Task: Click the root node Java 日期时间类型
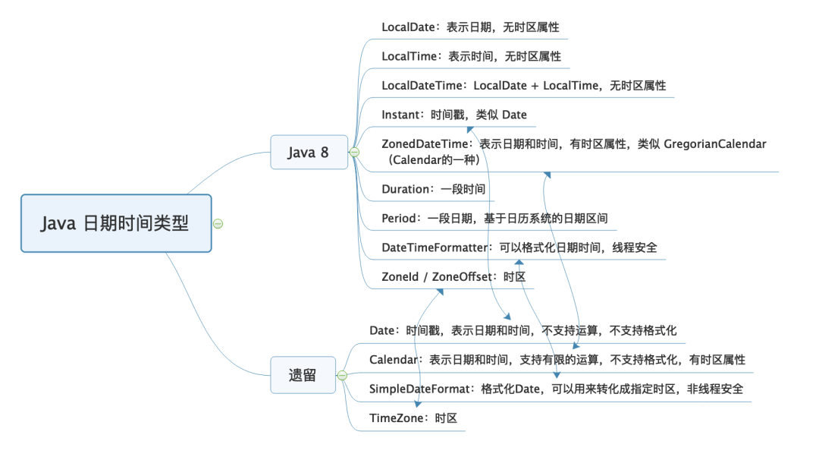tap(115, 223)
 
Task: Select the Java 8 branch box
tap(309, 153)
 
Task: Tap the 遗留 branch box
tap(303, 375)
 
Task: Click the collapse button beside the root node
tap(218, 223)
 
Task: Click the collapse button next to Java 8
tap(353, 153)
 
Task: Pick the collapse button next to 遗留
tap(342, 375)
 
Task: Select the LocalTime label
tap(409, 56)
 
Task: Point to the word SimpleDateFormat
tap(420, 389)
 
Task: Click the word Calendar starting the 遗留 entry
tap(394, 360)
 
